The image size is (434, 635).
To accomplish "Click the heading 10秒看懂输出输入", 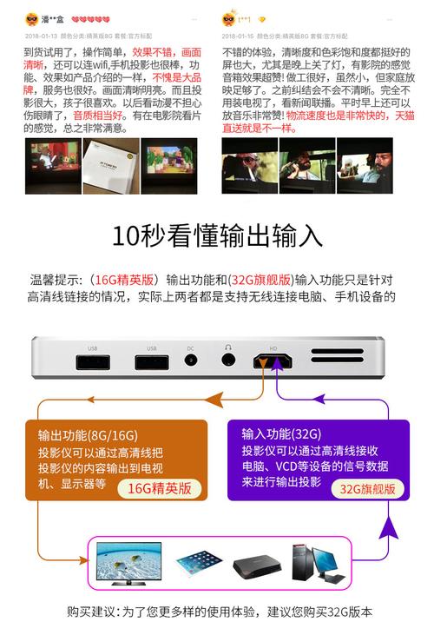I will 217,235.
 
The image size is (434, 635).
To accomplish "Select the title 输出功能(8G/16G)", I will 86,435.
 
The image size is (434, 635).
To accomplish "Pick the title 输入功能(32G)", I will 279,433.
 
